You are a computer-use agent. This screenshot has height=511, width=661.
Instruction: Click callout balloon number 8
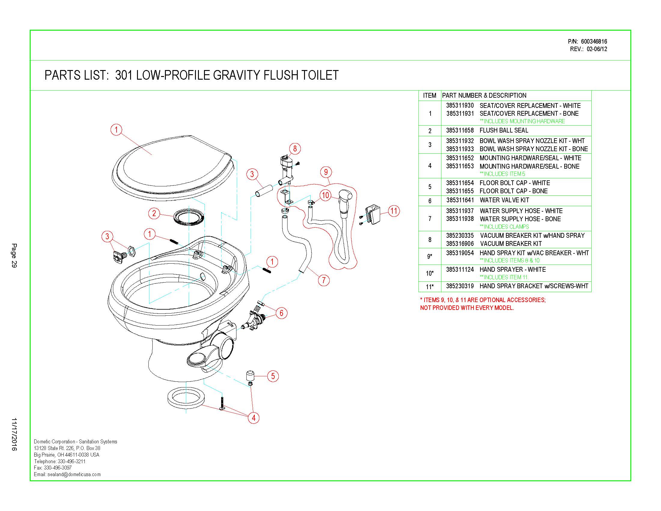pos(295,148)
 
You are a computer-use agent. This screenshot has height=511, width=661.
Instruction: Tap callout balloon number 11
pos(394,211)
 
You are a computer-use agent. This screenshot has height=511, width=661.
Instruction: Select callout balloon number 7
pos(324,280)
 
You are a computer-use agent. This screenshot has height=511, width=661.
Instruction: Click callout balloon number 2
pos(154,213)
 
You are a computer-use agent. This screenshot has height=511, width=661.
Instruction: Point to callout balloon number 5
pos(273,376)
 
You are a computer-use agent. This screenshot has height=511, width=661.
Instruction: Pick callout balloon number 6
pos(281,313)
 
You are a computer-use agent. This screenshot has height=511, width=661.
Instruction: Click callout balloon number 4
pos(253,418)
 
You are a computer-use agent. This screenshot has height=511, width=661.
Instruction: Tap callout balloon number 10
pos(325,195)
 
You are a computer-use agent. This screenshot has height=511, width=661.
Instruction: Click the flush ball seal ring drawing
pos(189,217)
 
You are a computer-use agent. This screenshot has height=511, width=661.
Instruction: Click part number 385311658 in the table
pos(460,130)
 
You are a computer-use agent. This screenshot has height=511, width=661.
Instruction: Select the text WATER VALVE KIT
pos(504,200)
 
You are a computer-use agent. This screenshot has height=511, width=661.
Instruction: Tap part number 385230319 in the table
pos(460,286)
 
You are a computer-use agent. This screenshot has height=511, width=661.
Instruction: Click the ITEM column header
pos(429,96)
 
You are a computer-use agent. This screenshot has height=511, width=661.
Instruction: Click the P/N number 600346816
pos(594,41)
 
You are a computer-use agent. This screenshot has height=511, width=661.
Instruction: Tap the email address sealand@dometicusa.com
pos(74,474)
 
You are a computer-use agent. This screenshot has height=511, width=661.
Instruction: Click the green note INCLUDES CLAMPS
pos(504,227)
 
